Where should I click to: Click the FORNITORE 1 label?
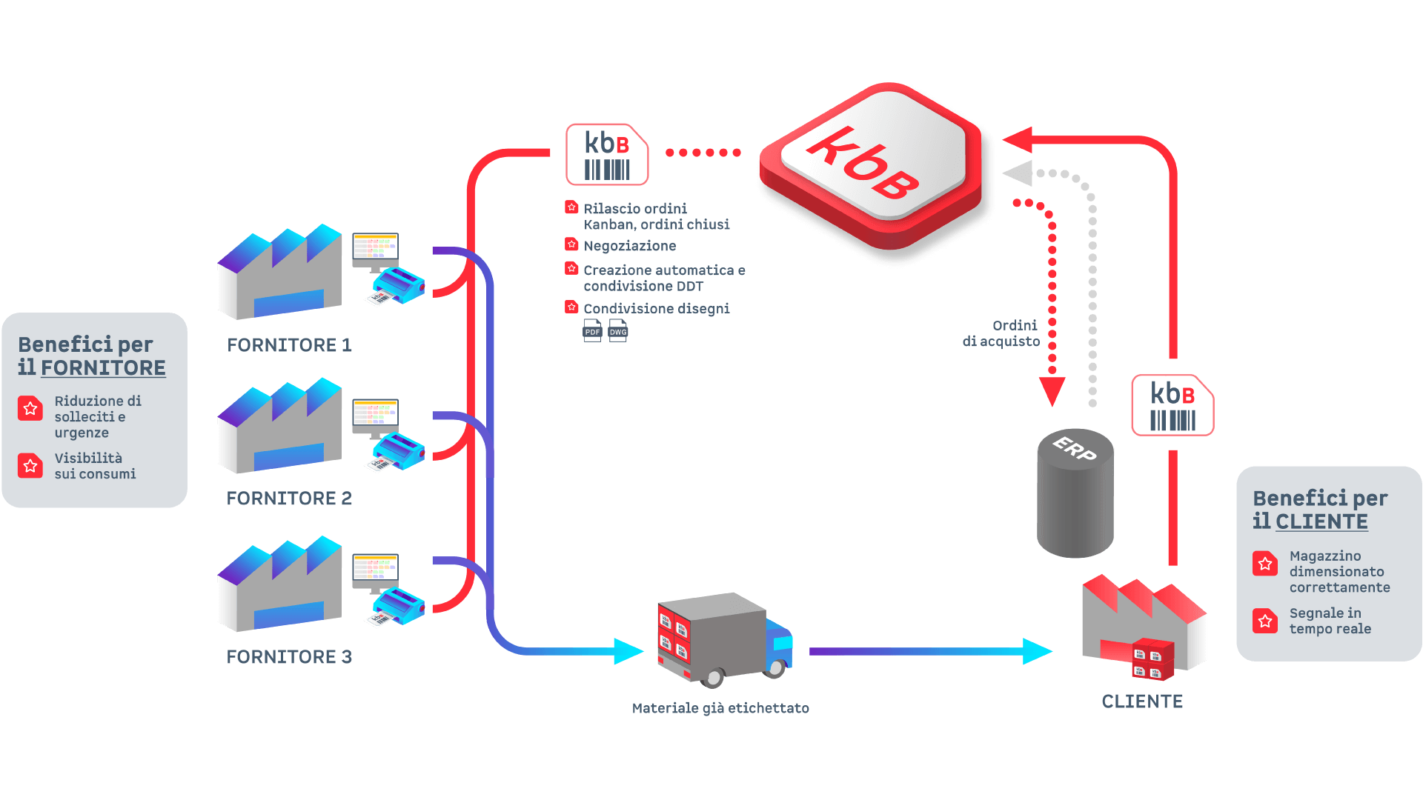[x=289, y=345]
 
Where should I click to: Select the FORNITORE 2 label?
[x=289, y=499]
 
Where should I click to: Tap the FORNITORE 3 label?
[x=289, y=657]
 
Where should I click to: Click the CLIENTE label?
[x=1142, y=701]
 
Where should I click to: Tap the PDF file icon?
[x=592, y=330]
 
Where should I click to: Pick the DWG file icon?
[x=618, y=330]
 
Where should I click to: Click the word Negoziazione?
[x=629, y=246]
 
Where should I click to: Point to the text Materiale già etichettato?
[x=720, y=708]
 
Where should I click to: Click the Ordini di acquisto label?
[x=1001, y=333]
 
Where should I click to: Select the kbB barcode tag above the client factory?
[x=1172, y=405]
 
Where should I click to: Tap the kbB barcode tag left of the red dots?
[x=607, y=154]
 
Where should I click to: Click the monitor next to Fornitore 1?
[x=375, y=250]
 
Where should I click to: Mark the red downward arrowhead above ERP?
[x=1052, y=390]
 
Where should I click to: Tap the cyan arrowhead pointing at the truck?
[x=628, y=651]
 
